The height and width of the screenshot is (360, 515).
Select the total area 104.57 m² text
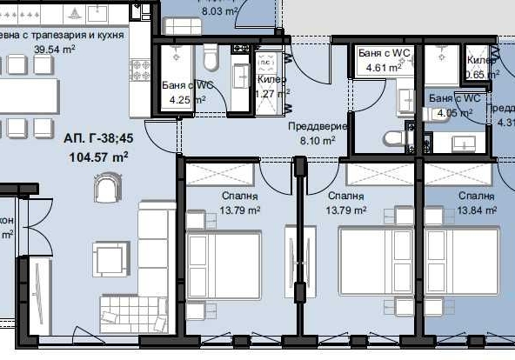click(x=98, y=157)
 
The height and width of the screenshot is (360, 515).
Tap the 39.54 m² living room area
click(x=54, y=50)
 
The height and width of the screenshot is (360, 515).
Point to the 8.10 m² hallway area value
click(x=318, y=140)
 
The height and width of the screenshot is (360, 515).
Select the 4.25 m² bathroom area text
click(x=184, y=99)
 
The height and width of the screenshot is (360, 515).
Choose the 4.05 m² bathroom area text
click(x=449, y=112)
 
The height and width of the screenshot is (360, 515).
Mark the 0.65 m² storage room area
click(x=482, y=75)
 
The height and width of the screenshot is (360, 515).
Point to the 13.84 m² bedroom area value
click(x=477, y=210)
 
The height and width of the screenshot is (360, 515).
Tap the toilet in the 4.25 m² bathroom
click(x=210, y=59)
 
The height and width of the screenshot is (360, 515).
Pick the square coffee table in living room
click(x=110, y=258)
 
